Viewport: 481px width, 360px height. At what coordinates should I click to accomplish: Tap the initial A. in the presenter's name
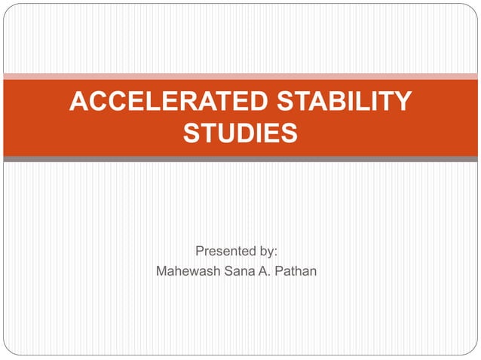tap(268, 270)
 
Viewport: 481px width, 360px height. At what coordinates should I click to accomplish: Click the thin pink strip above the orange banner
tap(240, 76)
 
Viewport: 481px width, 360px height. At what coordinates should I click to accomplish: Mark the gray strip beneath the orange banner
tap(240, 159)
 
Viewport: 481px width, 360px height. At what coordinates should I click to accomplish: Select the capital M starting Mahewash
tap(161, 270)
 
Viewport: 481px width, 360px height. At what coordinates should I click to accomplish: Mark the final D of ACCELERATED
tap(222, 101)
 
